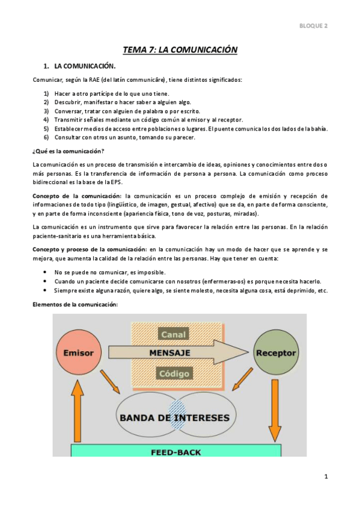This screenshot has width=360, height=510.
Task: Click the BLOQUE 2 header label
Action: click(x=313, y=26)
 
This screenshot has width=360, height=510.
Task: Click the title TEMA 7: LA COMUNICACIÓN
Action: click(x=180, y=50)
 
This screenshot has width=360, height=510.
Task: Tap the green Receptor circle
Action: click(x=275, y=352)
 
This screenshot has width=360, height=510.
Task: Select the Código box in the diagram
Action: click(x=174, y=373)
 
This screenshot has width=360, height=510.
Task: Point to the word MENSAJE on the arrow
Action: click(x=170, y=352)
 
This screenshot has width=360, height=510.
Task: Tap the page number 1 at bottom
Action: click(x=326, y=477)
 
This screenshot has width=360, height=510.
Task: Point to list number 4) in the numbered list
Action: click(x=46, y=120)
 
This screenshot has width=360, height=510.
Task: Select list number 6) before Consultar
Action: click(x=46, y=137)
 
